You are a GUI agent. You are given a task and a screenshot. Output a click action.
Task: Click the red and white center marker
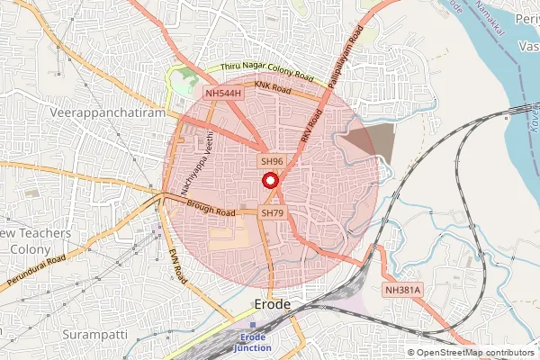coord(269,180)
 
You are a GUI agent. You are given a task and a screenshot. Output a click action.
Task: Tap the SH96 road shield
coord(272,161)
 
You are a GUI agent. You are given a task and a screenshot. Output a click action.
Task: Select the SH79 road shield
coord(273,213)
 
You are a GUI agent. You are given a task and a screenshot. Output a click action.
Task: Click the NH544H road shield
coord(222,94)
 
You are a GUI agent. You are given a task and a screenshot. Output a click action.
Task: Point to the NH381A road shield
coord(403,291)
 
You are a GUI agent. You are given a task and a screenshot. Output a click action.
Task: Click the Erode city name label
coord(273,304)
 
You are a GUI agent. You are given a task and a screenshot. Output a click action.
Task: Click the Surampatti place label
coord(94,333)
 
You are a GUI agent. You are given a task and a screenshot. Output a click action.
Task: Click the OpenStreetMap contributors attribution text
coord(474,353)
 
